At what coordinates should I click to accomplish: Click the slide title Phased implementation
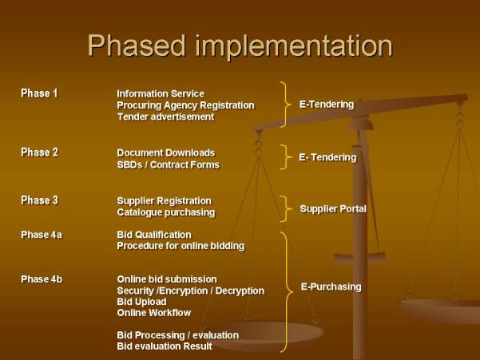coord(240,45)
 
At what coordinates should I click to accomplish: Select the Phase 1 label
coord(39,93)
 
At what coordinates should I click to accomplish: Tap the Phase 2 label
coord(39,152)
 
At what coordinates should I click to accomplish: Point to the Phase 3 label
coord(39,200)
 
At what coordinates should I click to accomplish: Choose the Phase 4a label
coord(42,235)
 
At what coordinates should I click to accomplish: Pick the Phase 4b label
coord(42,279)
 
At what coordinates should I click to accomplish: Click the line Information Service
coord(161,93)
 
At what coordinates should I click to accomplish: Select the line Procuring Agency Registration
coord(185,105)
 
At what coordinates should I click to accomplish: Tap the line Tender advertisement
coord(165,117)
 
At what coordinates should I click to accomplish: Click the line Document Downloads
coord(166,152)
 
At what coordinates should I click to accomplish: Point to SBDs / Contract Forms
coord(168,164)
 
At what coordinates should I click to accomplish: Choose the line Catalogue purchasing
coord(166,212)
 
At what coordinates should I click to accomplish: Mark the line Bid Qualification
coord(154,235)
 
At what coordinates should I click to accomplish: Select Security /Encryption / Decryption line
coord(190,291)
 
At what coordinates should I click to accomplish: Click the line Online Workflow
coord(153,313)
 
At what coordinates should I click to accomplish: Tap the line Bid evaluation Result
coord(165,346)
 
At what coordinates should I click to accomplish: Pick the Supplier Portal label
coord(333,209)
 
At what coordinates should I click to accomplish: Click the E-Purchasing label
coord(331,287)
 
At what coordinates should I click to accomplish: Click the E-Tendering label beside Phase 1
coord(327,105)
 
